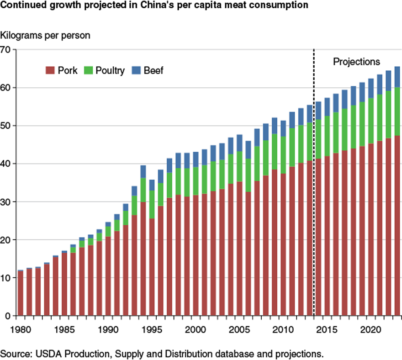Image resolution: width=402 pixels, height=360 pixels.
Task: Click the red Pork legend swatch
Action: [50, 71]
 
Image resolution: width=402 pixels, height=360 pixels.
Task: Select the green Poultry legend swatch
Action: [90, 71]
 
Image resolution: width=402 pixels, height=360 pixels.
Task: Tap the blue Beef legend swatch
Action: [136, 71]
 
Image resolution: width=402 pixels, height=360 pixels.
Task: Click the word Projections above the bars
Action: [356, 62]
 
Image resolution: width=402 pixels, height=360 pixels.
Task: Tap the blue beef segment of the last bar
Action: [397, 77]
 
